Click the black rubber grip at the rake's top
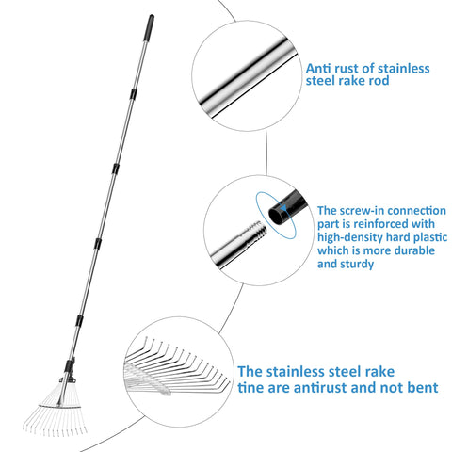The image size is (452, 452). coord(149,28)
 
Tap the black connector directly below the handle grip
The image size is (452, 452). coord(134,93)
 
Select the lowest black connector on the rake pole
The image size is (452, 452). coord(79,320)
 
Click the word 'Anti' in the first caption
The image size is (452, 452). coord(318,68)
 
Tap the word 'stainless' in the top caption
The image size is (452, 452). coord(403,68)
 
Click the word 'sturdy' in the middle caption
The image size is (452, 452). coord(357,265)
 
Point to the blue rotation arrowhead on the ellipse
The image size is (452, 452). coord(283,208)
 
